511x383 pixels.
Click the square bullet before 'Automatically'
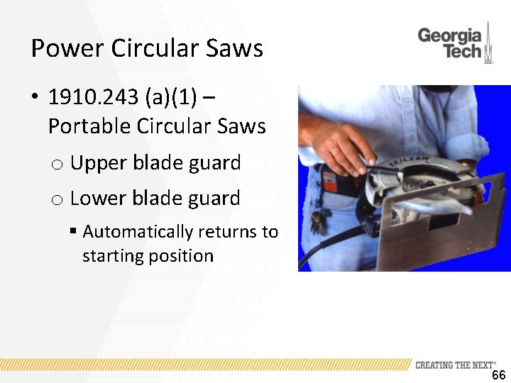[73, 232]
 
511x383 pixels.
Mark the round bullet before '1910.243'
[34, 97]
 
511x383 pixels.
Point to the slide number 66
[498, 374]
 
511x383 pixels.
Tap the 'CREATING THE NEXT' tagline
[455, 365]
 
